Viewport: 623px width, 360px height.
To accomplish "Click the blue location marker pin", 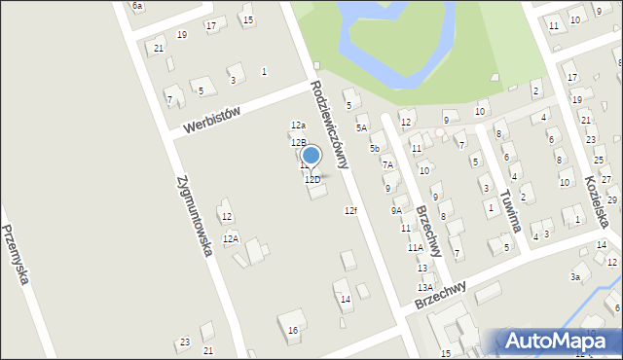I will click(x=311, y=156).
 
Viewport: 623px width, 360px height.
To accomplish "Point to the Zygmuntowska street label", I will click(x=196, y=216).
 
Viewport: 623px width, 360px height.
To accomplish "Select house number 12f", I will click(x=350, y=211).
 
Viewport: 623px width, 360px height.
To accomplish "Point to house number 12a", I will click(x=298, y=126).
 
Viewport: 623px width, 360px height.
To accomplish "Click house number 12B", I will click(x=298, y=143).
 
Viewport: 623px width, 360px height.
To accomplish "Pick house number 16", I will click(x=292, y=331).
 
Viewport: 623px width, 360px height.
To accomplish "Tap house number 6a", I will click(x=137, y=6).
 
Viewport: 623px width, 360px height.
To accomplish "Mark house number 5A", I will click(x=361, y=127).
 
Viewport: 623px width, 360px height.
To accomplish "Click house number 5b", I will click(x=374, y=149).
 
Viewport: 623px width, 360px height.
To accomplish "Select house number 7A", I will click(x=387, y=165).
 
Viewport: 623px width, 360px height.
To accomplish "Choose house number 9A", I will click(x=396, y=210).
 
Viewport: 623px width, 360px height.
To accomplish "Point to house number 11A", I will click(x=415, y=248).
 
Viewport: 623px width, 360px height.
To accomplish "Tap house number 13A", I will click(x=425, y=288).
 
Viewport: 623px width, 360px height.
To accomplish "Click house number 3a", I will click(x=575, y=278).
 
